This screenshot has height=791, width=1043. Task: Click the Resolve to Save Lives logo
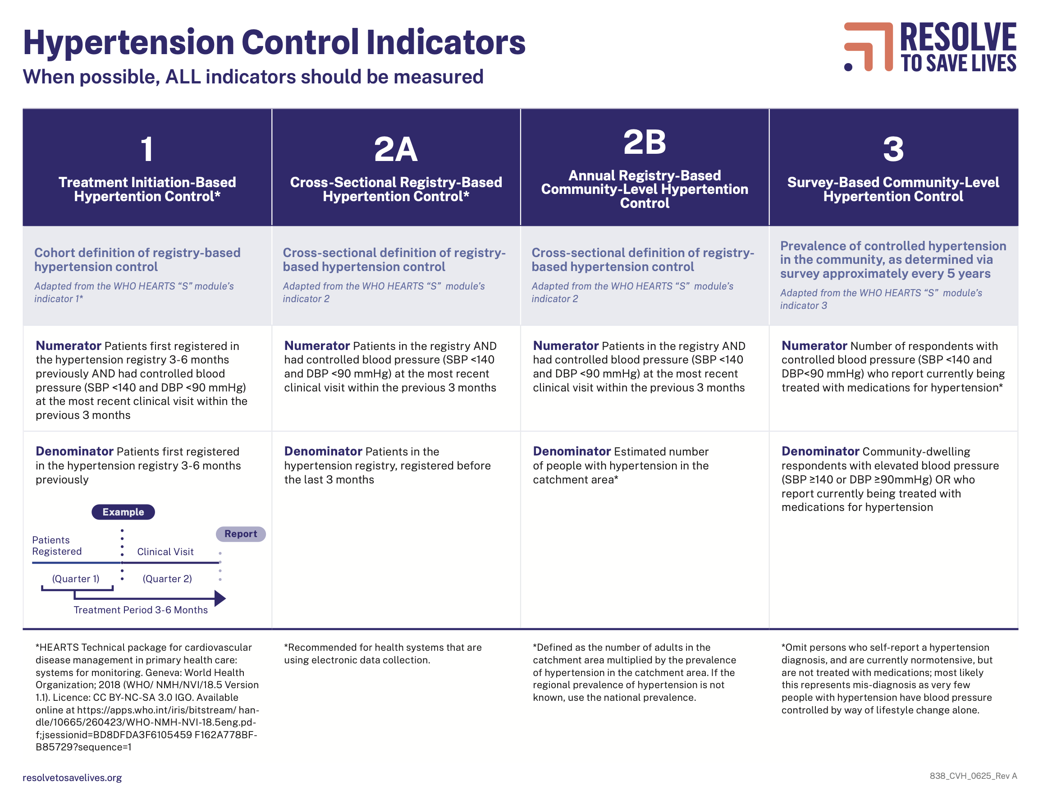tap(930, 47)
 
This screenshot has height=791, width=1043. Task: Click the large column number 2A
tap(396, 149)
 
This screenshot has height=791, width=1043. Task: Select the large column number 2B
tap(645, 142)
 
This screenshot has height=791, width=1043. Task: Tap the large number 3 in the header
tap(893, 149)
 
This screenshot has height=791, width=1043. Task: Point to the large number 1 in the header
tap(147, 149)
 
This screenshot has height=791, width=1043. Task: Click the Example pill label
tap(123, 512)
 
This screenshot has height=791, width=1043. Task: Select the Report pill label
tap(241, 533)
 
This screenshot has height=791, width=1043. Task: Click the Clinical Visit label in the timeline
tap(165, 552)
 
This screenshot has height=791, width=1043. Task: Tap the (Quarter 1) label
tap(75, 578)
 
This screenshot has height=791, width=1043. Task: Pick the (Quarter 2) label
tap(167, 578)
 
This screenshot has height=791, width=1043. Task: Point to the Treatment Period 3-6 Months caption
tap(141, 609)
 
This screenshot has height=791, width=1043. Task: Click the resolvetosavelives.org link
tap(72, 777)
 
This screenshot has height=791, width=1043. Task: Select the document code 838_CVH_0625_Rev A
tap(973, 776)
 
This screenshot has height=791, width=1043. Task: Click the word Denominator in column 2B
tap(572, 451)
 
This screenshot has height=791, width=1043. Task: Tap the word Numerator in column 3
tap(814, 346)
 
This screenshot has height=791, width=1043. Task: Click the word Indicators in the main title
tap(446, 42)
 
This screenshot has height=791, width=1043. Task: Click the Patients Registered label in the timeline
tap(57, 545)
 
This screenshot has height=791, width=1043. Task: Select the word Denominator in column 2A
tap(323, 451)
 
